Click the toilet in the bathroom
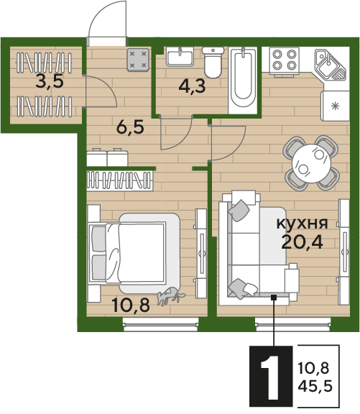pyautogui.click(x=213, y=63)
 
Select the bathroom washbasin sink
pyautogui.click(x=180, y=57)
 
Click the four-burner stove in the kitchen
pyautogui.click(x=284, y=60)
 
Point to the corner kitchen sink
pyautogui.click(x=330, y=65)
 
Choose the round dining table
pyautogui.click(x=311, y=163)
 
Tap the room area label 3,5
pyautogui.click(x=50, y=82)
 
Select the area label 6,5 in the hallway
pyautogui.click(x=130, y=127)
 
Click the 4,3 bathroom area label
pyautogui.click(x=192, y=86)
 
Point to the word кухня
pyautogui.click(x=302, y=224)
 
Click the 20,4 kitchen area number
pyautogui.click(x=302, y=241)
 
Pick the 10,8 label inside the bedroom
pyautogui.click(x=131, y=305)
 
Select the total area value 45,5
pyautogui.click(x=315, y=386)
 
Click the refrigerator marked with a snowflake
pyautogui.click(x=335, y=106)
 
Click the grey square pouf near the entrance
pyautogui.click(x=138, y=60)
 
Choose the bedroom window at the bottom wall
pyautogui.click(x=160, y=324)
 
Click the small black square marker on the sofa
pyautogui.click(x=274, y=298)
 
